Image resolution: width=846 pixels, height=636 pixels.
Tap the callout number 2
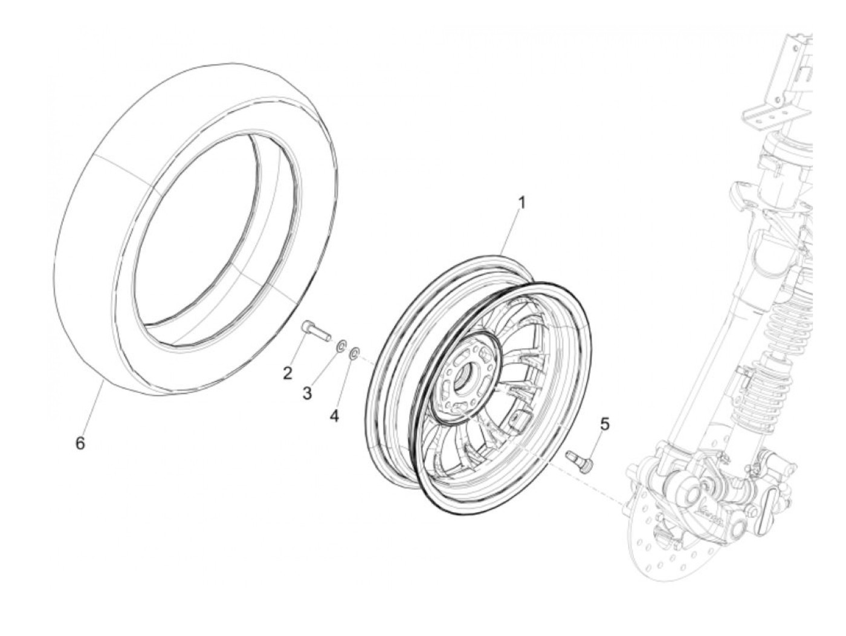pos(288,373)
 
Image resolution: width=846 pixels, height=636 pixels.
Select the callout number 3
pos(308,394)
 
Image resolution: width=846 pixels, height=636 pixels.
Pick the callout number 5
pos(604,425)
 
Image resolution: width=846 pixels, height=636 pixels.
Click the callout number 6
pos(80,443)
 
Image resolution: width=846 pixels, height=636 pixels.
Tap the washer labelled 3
pos(340,346)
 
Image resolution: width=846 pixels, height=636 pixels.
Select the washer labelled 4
pos(355,351)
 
